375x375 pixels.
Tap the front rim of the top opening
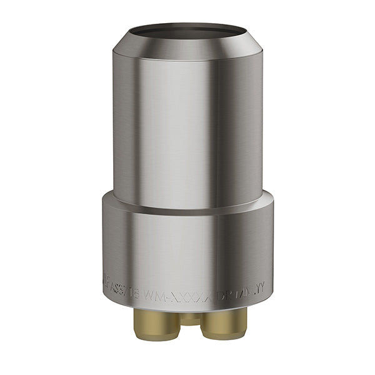coord(187,39)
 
